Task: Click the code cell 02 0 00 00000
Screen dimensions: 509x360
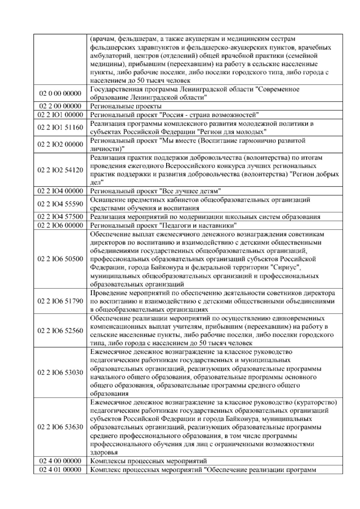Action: click(x=60, y=93)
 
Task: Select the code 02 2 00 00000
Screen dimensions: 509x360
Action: click(x=60, y=106)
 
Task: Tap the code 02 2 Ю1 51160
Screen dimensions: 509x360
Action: click(x=60, y=128)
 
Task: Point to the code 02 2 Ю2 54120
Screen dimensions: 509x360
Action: click(x=60, y=170)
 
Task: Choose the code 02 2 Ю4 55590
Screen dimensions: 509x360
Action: click(x=60, y=204)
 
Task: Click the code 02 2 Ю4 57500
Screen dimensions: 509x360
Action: click(x=60, y=217)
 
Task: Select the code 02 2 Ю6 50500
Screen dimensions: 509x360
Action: click(x=60, y=259)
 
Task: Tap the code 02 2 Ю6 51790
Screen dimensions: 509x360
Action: click(x=60, y=301)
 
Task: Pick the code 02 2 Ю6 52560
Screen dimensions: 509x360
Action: click(x=60, y=331)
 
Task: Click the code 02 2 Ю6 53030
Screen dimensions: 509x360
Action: click(x=60, y=373)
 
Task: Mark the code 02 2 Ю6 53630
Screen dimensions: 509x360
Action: click(x=60, y=427)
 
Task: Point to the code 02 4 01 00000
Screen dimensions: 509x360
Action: click(x=60, y=478)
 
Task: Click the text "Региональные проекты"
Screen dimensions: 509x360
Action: click(x=126, y=106)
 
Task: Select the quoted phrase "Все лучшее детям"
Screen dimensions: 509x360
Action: click(x=190, y=191)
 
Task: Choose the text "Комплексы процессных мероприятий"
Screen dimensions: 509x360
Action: click(x=148, y=469)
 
